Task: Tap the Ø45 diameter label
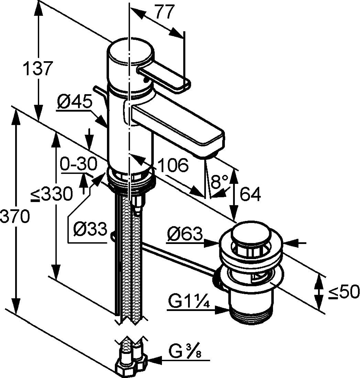pyautogui.click(x=74, y=103)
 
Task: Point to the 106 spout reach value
pyautogui.click(x=173, y=165)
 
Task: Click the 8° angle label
pyautogui.click(x=219, y=181)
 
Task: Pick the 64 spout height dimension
pyautogui.click(x=250, y=194)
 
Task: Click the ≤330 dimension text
pyautogui.click(x=51, y=194)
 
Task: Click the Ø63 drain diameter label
pyautogui.click(x=185, y=235)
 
